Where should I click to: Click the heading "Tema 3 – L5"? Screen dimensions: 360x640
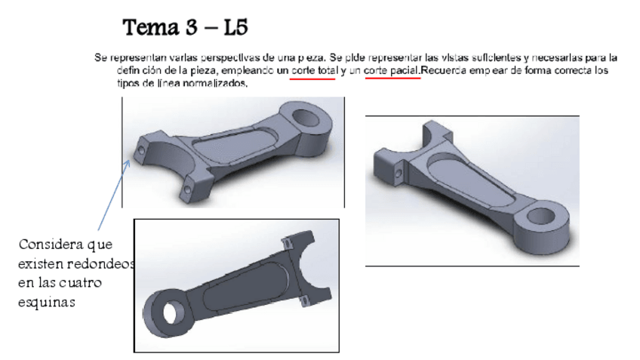pos(186,28)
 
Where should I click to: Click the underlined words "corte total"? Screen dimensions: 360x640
pos(312,70)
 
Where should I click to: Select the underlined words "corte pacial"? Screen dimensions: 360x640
pos(391,70)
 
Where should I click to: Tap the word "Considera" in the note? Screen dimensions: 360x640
pos(48,245)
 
